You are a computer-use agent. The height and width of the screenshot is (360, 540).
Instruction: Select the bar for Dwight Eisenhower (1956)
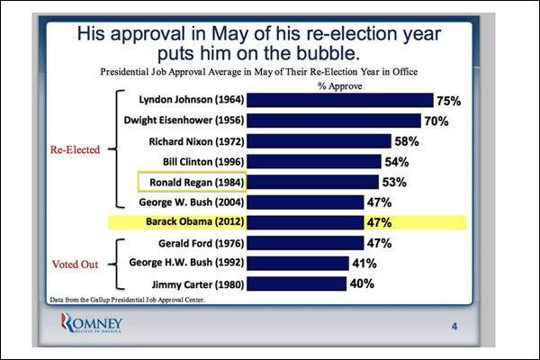click(333, 121)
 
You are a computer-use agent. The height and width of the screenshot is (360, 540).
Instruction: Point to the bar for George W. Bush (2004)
click(304, 202)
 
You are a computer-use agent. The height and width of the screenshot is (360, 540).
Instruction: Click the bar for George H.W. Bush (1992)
click(297, 263)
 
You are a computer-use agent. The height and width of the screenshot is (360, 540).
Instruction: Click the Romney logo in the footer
click(91, 324)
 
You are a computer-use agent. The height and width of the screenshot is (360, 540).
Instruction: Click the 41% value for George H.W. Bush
click(365, 263)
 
